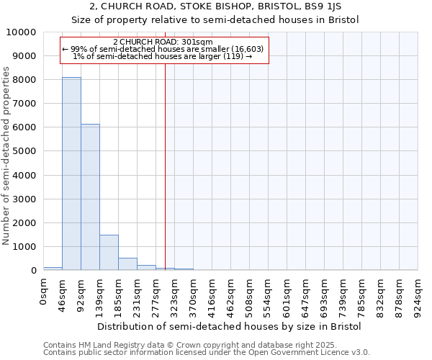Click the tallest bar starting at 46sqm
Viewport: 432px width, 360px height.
tap(71, 174)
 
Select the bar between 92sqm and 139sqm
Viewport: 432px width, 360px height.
tap(90, 197)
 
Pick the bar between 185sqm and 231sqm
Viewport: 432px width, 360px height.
tap(127, 264)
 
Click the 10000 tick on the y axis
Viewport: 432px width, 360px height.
tap(21, 32)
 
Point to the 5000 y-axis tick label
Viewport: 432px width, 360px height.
tap(24, 151)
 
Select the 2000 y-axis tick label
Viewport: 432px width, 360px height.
tap(24, 223)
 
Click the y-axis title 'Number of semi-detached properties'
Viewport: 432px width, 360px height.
tap(6, 156)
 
